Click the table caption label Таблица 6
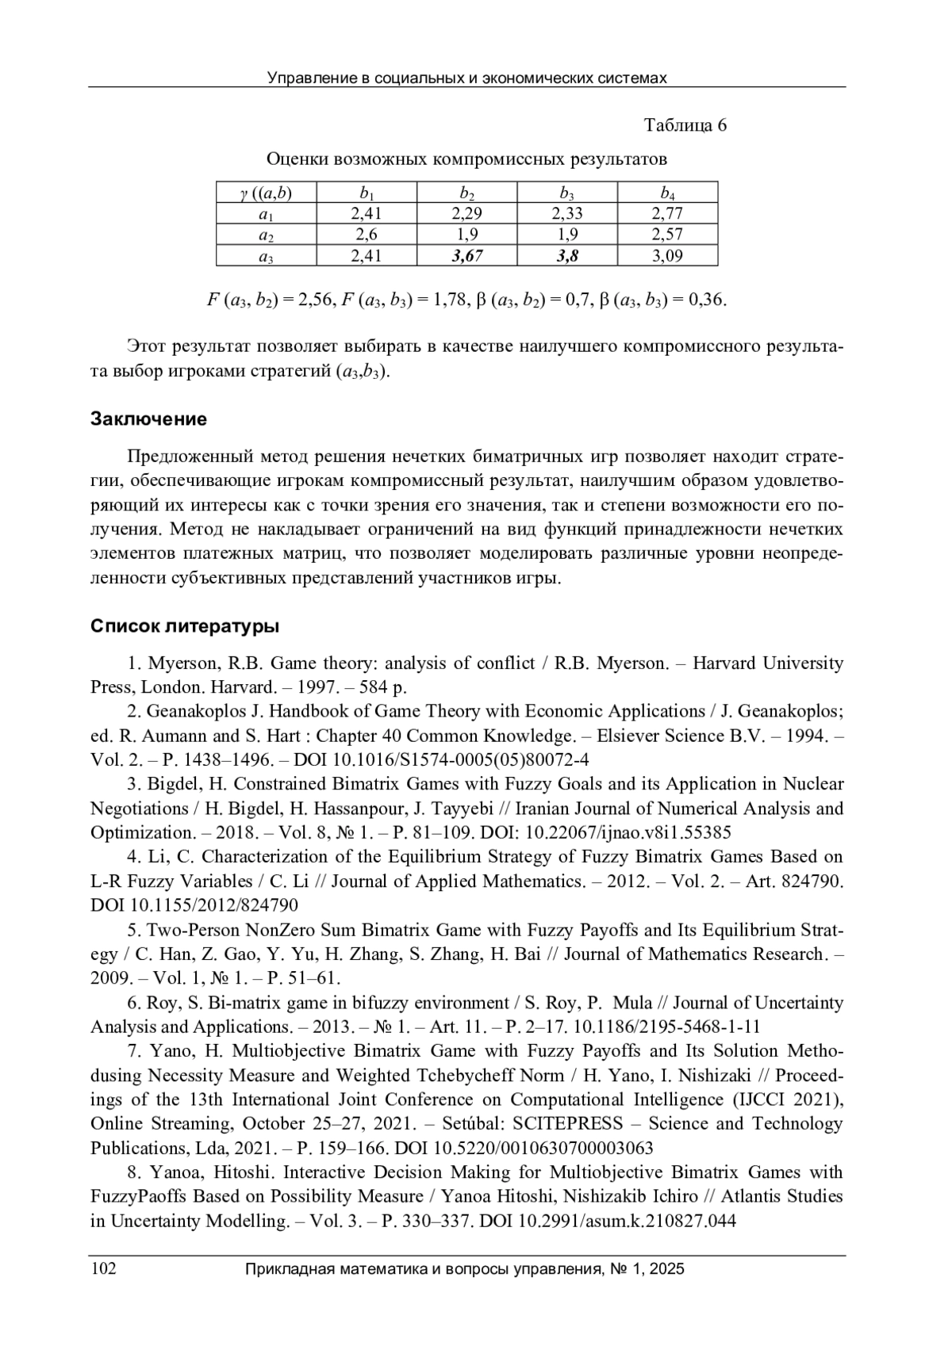(685, 125)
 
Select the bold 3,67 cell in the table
(466, 255)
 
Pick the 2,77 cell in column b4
(667, 213)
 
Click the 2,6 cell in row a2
(367, 234)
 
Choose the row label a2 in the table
(266, 235)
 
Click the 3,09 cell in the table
(667, 255)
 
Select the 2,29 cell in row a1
(466, 213)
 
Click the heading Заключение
(148, 419)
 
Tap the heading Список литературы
(185, 627)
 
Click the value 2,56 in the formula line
(316, 300)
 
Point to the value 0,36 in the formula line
(707, 300)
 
